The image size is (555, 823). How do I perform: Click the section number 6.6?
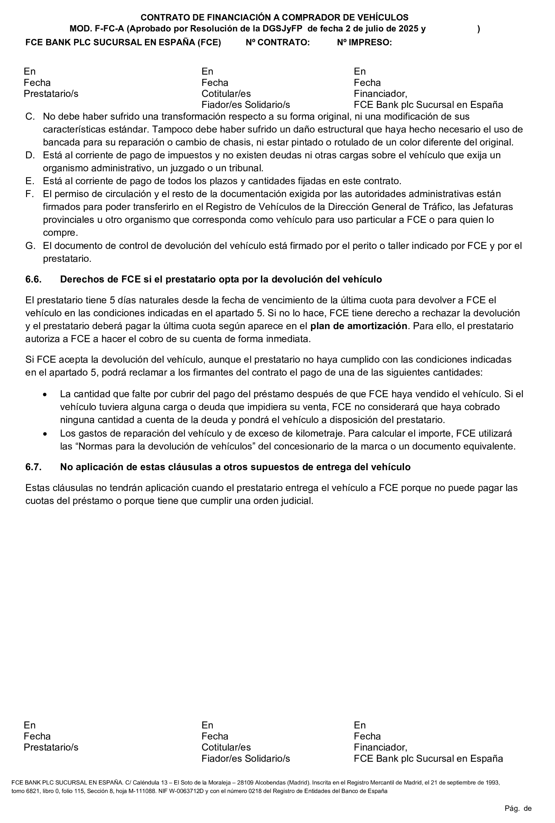point(33,279)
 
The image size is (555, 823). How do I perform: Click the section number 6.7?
point(33,467)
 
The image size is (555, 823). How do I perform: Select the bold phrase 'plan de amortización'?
point(358,326)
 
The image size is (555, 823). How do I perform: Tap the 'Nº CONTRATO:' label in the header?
point(277,42)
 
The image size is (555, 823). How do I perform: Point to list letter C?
point(30,117)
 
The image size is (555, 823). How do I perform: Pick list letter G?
point(30,246)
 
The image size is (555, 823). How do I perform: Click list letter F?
point(29,194)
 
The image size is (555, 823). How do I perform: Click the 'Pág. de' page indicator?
point(518,808)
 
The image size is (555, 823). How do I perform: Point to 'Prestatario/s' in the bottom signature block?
point(51,747)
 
